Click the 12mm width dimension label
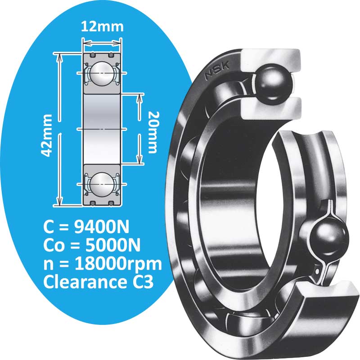102,27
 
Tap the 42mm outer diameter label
47,135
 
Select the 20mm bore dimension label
154,131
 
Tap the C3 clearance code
143,283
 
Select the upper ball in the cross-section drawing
101,72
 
